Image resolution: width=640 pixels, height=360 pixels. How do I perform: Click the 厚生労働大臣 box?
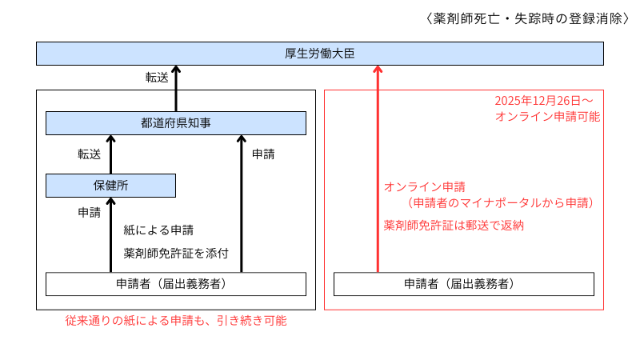point(319,54)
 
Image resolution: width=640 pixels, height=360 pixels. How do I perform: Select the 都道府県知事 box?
point(176,122)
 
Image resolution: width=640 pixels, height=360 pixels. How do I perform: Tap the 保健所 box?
point(110,185)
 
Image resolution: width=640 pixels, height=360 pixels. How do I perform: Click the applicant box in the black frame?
point(176,284)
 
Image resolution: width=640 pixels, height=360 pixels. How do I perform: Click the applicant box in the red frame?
point(464,284)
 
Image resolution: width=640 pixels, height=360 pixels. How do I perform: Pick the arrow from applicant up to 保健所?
point(111,232)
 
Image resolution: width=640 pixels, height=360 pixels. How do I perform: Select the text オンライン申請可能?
point(547,116)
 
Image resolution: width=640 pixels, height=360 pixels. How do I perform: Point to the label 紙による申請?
point(158,230)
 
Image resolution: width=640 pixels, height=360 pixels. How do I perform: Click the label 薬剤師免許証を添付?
point(177,253)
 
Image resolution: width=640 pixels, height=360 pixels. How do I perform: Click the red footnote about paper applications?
point(176,321)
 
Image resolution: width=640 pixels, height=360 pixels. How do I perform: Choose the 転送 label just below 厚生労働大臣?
point(157,78)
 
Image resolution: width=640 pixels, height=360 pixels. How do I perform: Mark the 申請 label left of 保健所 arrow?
point(89,213)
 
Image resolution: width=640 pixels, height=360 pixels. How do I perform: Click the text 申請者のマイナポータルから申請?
point(500,203)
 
